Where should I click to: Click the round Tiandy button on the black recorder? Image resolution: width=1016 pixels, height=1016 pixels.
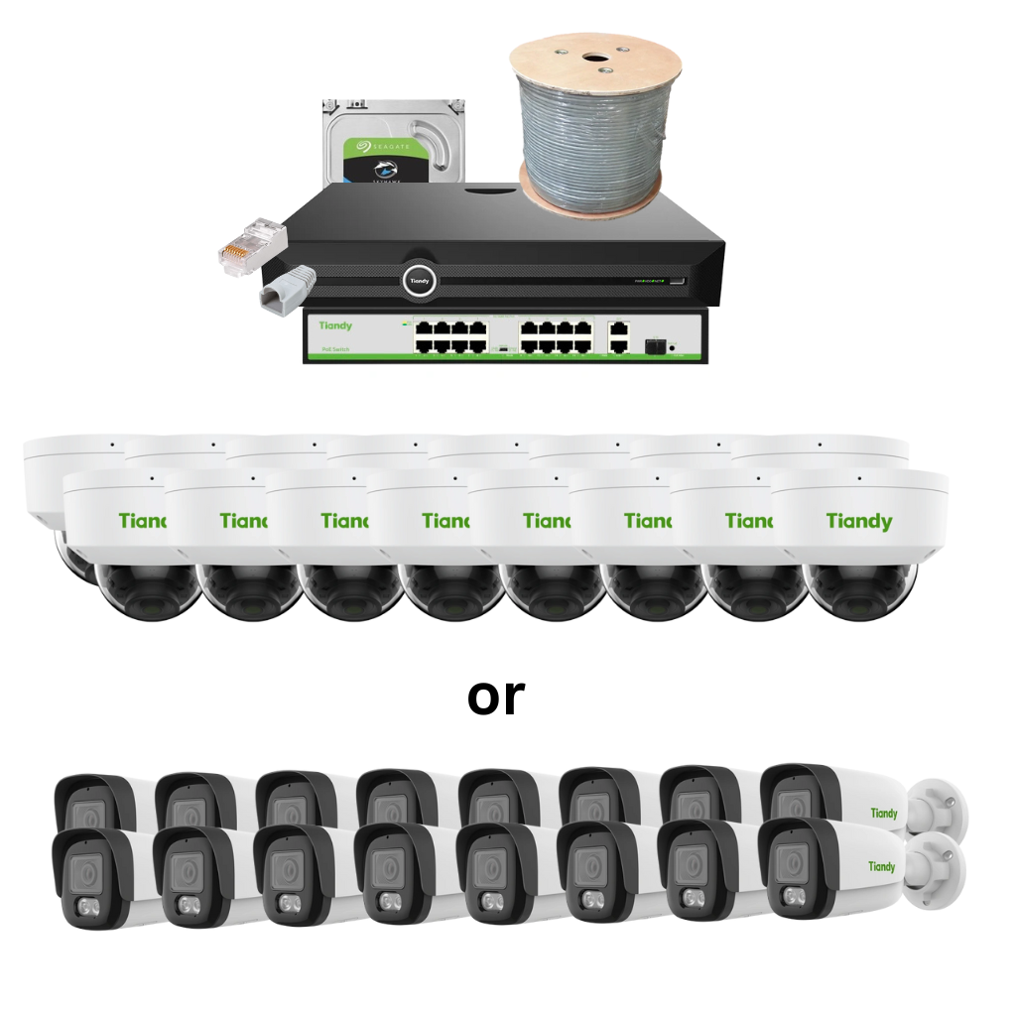419,281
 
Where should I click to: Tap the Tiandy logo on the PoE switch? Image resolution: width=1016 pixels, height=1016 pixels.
335,325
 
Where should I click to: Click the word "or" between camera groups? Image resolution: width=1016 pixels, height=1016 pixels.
495,697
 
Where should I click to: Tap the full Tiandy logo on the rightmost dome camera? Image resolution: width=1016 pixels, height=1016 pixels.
858,521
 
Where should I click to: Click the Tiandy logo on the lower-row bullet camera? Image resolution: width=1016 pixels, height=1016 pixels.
881,866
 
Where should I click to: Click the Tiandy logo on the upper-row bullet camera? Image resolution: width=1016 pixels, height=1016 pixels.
883,814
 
